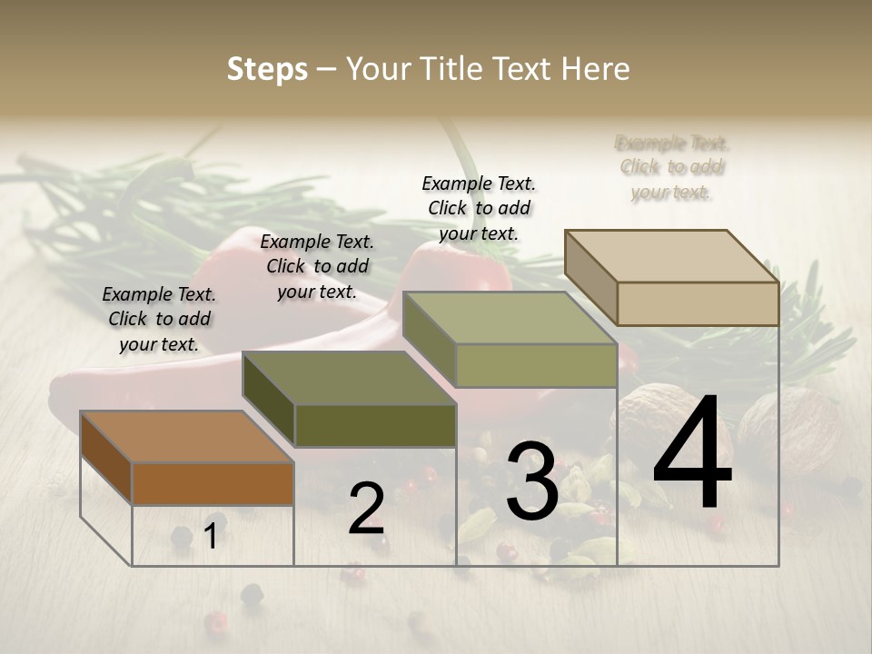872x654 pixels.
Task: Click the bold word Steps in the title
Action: point(267,69)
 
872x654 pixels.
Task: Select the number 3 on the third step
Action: point(532,481)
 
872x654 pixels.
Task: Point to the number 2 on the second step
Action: point(366,510)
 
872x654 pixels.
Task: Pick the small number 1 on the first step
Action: point(211,536)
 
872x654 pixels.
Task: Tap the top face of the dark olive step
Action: point(350,378)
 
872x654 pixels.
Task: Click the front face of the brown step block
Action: point(213,483)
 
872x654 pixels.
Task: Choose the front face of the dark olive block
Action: point(375,425)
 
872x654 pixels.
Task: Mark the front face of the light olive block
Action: point(536,365)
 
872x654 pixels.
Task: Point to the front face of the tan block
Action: point(698,302)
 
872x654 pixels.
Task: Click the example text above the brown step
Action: point(159,319)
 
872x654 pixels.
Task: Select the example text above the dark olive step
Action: point(317,266)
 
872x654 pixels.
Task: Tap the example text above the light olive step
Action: point(479,208)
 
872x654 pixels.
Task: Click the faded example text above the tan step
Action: point(672,167)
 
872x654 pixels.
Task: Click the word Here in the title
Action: point(595,69)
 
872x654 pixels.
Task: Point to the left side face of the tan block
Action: point(591,277)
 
